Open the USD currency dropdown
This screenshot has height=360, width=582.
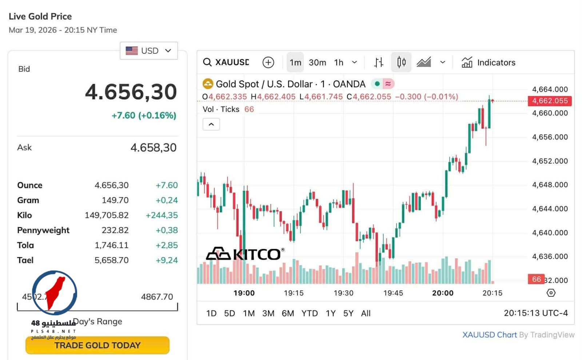tap(148, 51)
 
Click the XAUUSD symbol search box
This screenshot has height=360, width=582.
tap(226, 62)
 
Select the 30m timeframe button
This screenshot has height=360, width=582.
tap(317, 63)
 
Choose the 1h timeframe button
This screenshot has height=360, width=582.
tap(339, 63)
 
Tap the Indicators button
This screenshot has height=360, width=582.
tap(489, 63)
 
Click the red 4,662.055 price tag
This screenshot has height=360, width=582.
tap(549, 101)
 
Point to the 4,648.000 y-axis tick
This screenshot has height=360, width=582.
tap(550, 185)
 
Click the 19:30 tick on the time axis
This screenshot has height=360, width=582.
tap(343, 293)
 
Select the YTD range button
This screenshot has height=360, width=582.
tap(310, 313)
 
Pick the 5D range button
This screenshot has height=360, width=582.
tap(229, 313)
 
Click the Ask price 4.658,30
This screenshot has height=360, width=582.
tap(153, 148)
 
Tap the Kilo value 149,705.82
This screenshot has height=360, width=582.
tap(107, 215)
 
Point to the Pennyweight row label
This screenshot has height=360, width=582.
tap(43, 230)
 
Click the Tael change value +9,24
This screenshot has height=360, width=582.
tap(167, 260)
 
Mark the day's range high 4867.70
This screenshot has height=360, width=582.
tap(157, 297)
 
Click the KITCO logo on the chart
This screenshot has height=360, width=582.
tap(244, 254)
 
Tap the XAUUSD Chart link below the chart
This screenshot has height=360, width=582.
tap(489, 335)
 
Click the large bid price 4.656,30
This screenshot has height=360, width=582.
tap(131, 92)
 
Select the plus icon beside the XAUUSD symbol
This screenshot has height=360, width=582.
tap(268, 63)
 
